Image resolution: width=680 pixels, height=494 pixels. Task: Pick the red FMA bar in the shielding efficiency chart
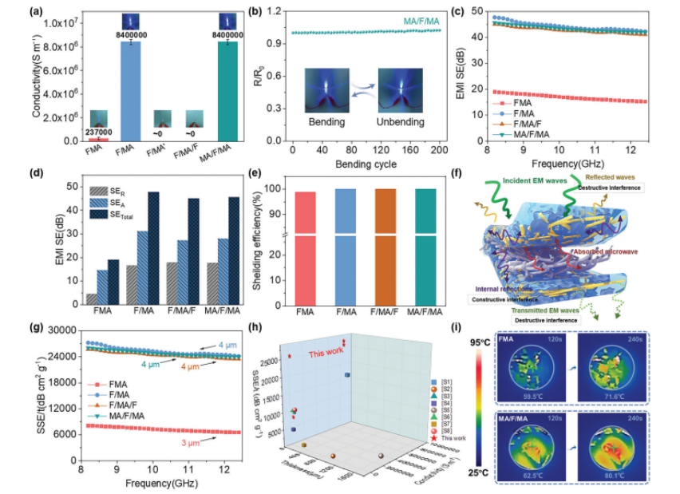tap(306, 247)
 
